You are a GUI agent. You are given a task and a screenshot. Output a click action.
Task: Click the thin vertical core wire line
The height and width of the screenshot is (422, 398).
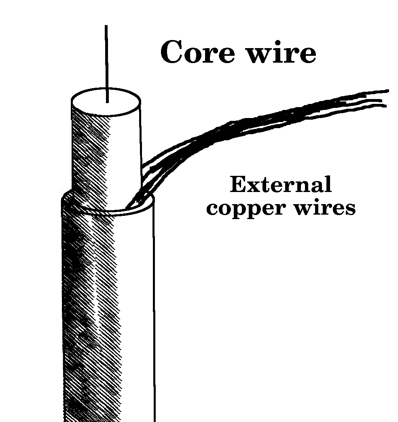click(106, 61)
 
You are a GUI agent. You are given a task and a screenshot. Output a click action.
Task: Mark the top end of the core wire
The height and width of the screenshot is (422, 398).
click(106, 26)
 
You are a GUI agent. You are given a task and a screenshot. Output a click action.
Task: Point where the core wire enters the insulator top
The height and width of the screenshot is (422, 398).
click(107, 101)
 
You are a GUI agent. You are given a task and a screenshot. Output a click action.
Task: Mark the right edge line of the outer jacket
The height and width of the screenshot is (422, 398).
click(154, 323)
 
